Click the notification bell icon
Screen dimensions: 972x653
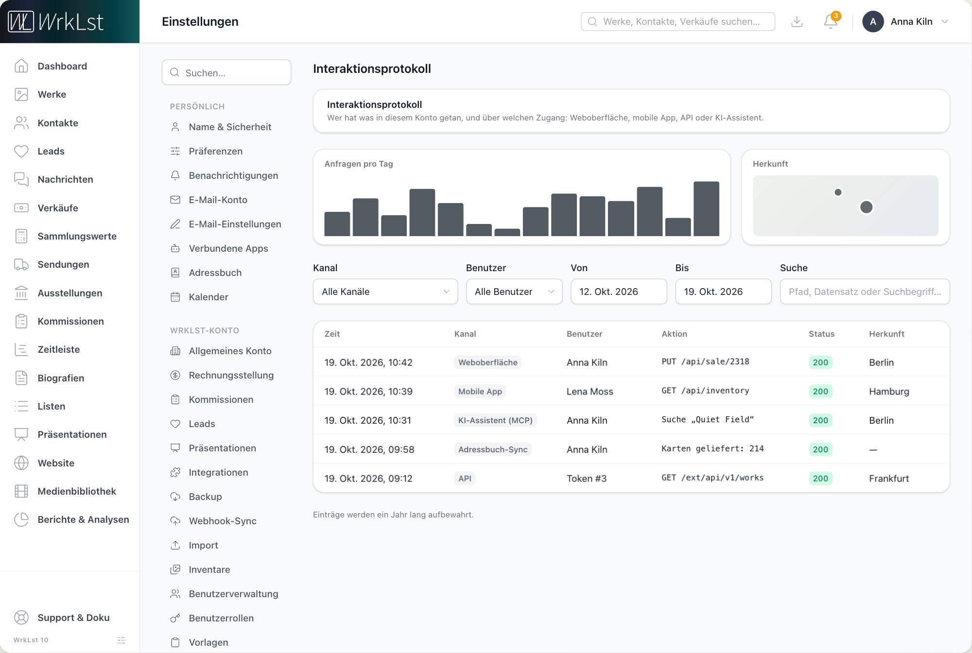831,21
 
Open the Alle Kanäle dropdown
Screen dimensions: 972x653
385,292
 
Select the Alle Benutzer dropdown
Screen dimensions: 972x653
514,292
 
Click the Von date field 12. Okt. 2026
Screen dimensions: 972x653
619,292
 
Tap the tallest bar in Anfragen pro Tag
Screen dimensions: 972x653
706,209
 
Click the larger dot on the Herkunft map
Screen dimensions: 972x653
866,207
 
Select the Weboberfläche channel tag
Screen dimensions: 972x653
487,362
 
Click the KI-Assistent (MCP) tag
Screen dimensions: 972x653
495,420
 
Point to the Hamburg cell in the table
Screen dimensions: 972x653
889,392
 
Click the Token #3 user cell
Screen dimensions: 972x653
587,479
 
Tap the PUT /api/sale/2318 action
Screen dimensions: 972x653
705,361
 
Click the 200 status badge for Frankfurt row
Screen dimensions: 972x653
820,479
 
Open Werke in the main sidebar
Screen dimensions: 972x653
52,94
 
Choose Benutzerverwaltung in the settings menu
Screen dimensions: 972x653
233,594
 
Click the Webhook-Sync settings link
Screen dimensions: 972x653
223,521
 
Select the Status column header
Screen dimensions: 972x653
821,334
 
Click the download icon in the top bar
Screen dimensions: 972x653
797,21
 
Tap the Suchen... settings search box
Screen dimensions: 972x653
226,72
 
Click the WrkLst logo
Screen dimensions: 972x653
56,21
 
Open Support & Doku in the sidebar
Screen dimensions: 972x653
73,618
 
